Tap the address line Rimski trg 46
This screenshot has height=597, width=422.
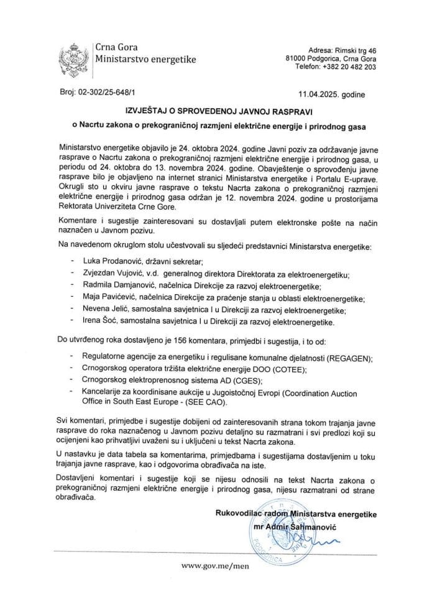[x=353, y=49]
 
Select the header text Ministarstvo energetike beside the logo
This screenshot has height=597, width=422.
[x=145, y=60]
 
